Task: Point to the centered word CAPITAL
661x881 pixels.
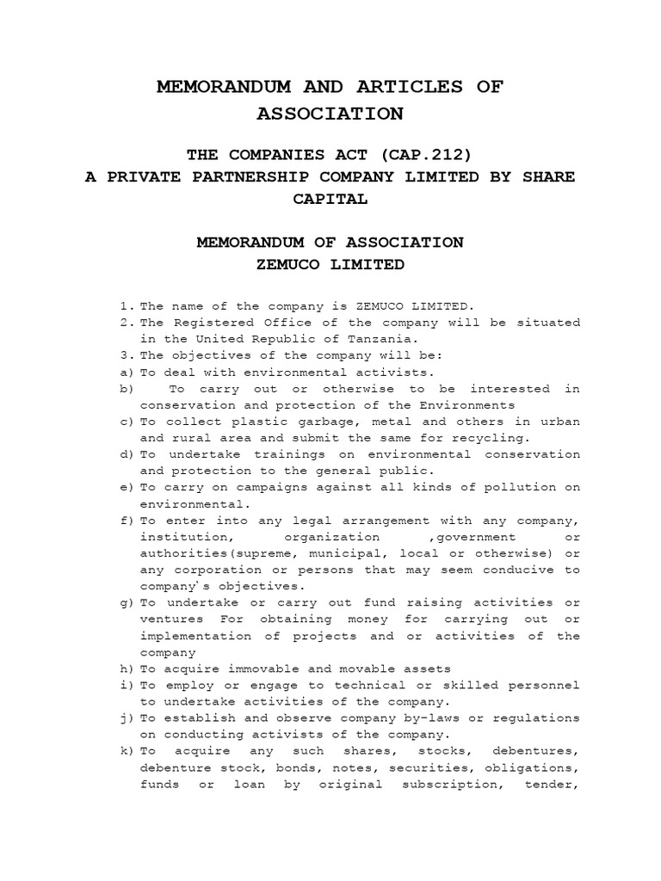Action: [x=330, y=200]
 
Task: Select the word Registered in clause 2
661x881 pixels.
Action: [x=205, y=322]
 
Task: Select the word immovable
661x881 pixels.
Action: [x=260, y=668]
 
